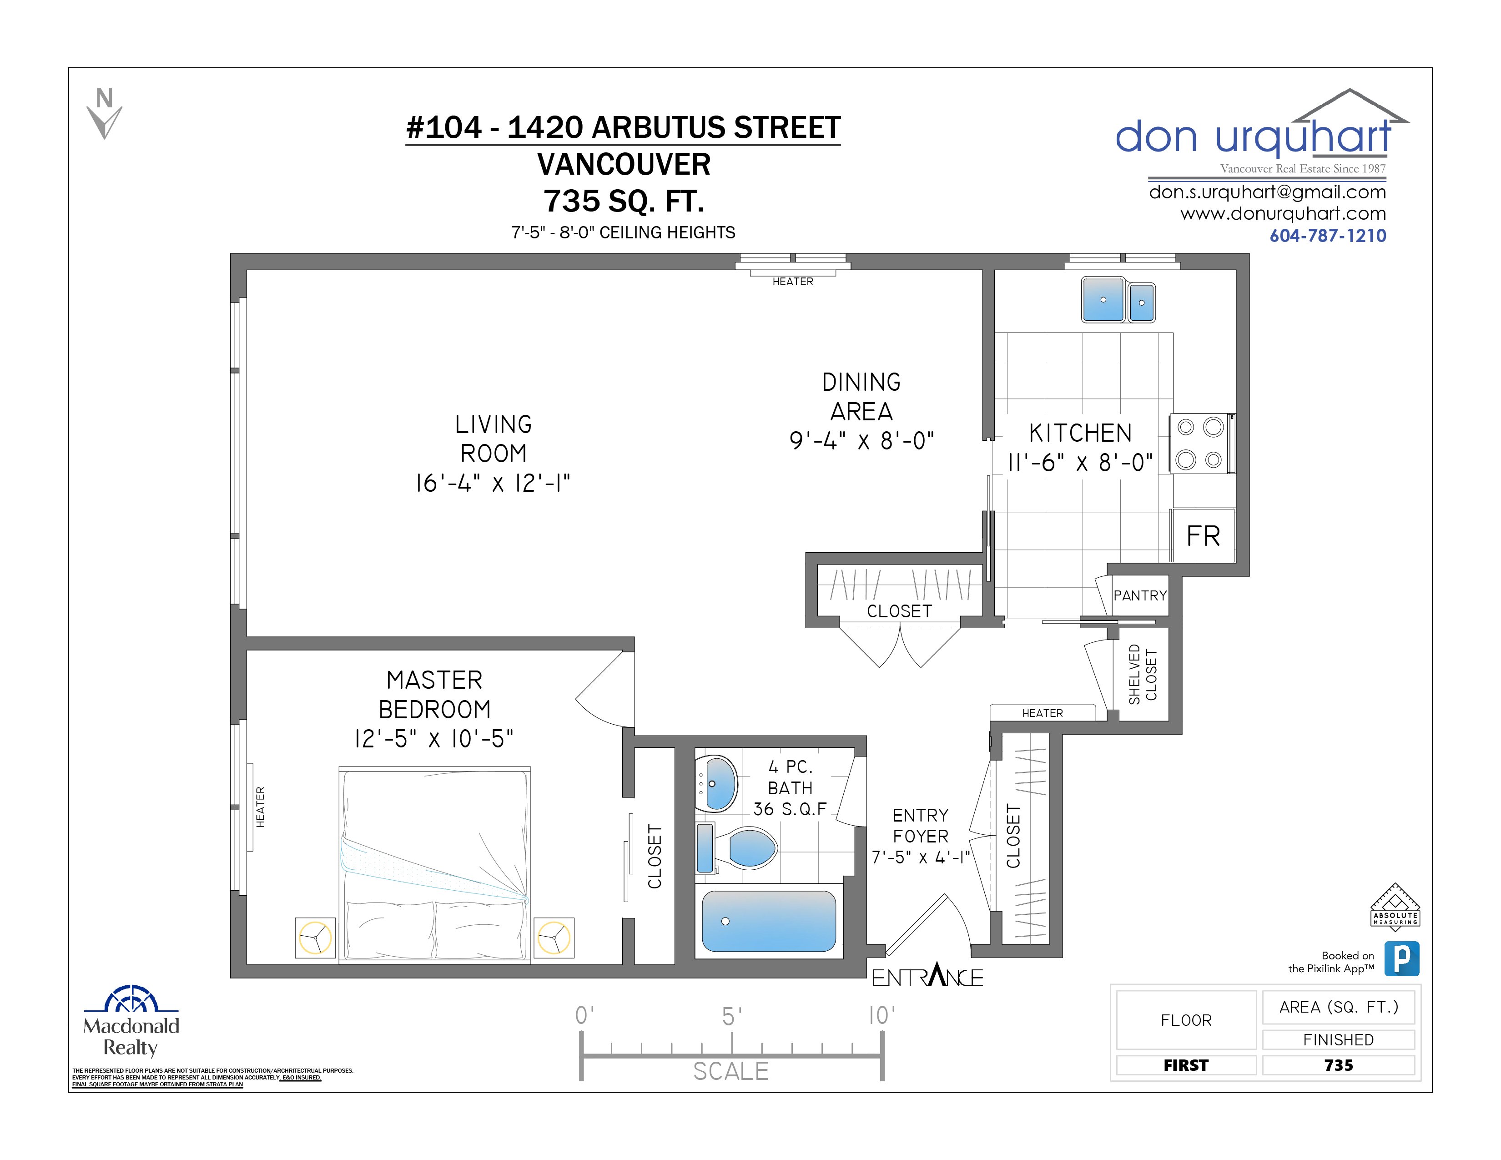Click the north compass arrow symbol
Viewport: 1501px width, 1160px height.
tap(105, 115)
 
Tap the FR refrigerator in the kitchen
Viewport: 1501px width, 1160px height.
tap(1203, 536)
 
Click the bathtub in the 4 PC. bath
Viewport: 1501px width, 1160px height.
tap(768, 921)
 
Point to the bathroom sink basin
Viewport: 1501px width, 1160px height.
tap(719, 783)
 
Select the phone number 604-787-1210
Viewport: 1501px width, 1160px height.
tap(1327, 236)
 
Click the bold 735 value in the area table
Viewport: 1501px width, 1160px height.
tap(1338, 1065)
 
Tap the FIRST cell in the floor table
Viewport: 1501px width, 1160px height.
tap(1185, 1065)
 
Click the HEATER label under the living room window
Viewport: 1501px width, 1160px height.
tap(792, 282)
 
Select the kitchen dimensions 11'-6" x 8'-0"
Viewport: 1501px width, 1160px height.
tap(1080, 463)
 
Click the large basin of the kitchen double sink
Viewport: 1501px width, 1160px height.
tap(1103, 300)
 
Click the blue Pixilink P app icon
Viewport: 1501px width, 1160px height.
tap(1401, 958)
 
